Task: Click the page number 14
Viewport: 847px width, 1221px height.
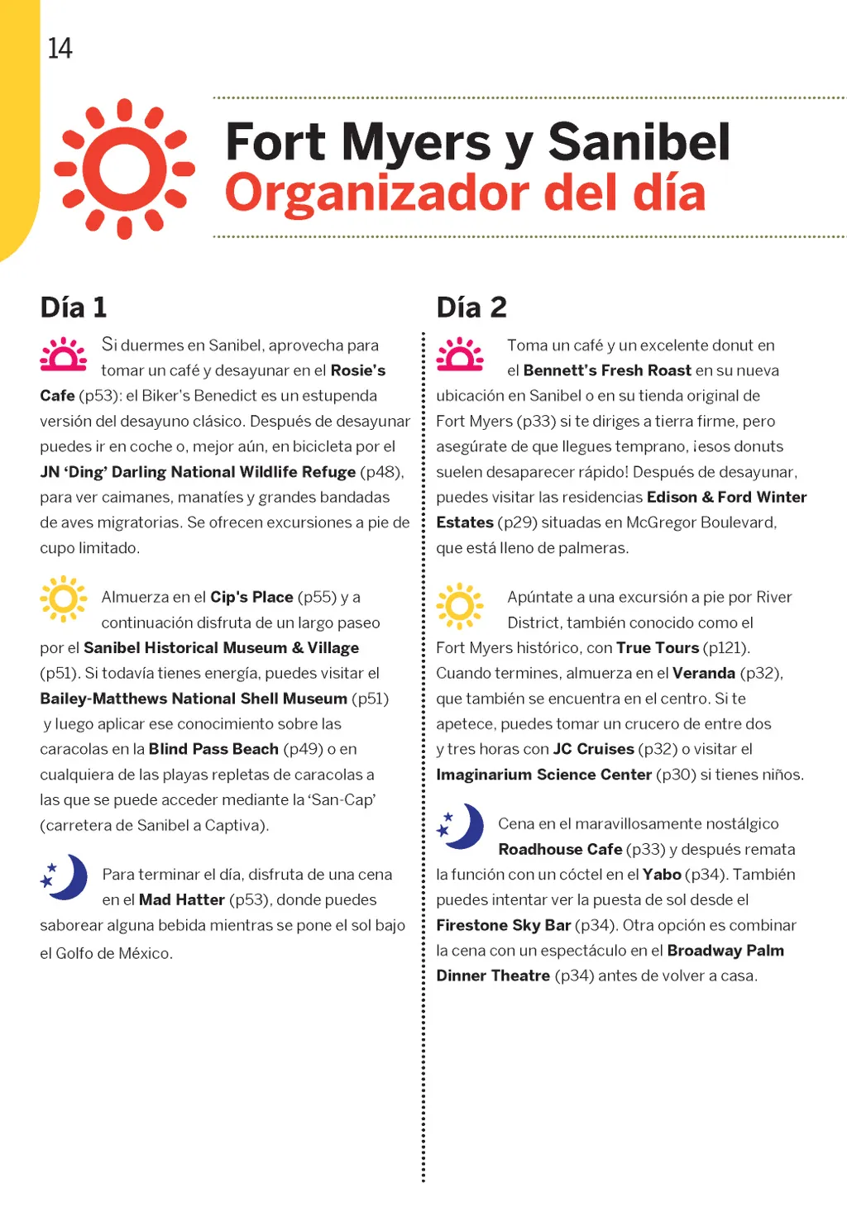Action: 60,49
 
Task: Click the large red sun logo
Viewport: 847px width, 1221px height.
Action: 125,169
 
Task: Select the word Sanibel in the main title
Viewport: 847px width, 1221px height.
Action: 639,141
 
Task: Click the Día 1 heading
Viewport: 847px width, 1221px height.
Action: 74,308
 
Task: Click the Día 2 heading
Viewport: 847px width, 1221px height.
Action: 471,308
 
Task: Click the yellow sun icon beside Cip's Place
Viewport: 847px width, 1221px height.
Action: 64,599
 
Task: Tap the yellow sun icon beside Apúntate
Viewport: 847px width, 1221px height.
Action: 460,603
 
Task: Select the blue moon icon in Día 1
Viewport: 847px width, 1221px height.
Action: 65,877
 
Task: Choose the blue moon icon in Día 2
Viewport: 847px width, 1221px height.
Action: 461,826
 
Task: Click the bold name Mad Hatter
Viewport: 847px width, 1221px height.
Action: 182,899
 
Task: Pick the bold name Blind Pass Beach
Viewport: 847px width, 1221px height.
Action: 213,749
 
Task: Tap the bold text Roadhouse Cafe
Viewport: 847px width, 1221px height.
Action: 560,849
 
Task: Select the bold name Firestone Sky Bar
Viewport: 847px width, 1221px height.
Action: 503,925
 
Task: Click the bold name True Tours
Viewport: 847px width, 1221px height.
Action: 658,648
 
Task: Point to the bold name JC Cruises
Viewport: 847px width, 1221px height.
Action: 593,749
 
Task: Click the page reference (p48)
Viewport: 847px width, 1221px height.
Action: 380,472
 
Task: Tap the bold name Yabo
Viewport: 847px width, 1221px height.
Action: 662,875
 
